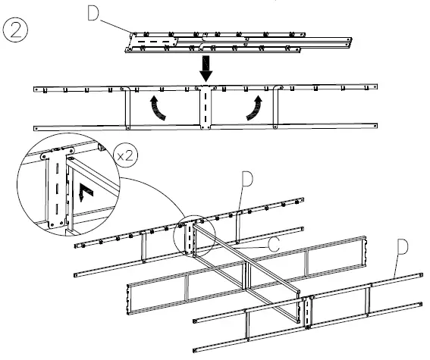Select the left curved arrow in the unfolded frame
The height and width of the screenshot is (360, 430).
[x=158, y=108]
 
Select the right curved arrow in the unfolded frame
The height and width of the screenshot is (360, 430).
[x=256, y=108]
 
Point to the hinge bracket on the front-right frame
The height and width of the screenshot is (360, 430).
[x=307, y=311]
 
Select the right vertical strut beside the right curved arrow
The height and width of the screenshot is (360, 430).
[x=280, y=108]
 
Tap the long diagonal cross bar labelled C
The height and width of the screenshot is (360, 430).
[x=250, y=261]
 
